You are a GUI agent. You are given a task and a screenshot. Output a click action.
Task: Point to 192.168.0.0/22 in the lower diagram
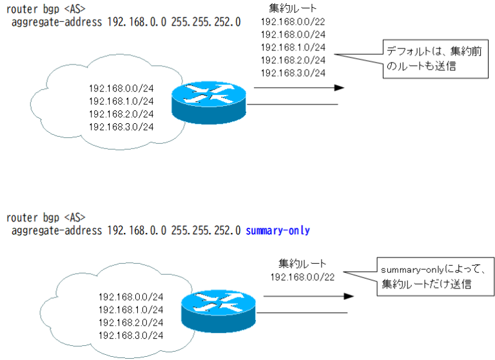tap(302, 277)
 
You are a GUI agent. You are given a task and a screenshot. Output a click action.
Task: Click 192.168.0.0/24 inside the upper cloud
tap(121, 88)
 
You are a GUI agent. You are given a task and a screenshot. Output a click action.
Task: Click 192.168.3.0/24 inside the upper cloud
tap(121, 126)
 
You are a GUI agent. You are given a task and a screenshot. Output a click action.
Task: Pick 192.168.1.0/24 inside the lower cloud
tap(131, 310)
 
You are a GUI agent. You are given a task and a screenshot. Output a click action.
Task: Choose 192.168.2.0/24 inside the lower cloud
tap(131, 323)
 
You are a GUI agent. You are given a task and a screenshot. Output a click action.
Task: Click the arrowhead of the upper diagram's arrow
tap(339, 88)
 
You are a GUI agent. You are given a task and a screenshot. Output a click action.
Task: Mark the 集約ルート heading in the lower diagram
tap(302, 264)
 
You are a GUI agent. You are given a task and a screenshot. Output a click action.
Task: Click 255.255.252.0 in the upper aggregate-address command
tap(206, 21)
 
